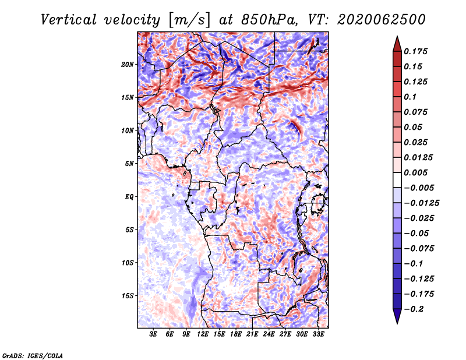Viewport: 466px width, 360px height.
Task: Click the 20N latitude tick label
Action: pyautogui.click(x=128, y=65)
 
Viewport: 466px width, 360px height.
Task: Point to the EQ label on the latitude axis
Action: pyautogui.click(x=129, y=197)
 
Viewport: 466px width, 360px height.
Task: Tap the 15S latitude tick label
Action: pyautogui.click(x=128, y=296)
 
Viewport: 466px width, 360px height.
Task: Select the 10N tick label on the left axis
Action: pyautogui.click(x=128, y=130)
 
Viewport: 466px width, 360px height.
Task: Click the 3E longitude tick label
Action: pyautogui.click(x=153, y=334)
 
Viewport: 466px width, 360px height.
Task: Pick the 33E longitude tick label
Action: pyautogui.click(x=318, y=334)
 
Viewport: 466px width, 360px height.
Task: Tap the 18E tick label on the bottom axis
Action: pyautogui.click(x=236, y=334)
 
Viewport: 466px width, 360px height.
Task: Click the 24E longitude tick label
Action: pyautogui.click(x=269, y=334)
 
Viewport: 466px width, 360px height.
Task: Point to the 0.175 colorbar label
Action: pyautogui.click(x=415, y=51)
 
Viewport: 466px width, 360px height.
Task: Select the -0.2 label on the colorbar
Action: pyautogui.click(x=414, y=309)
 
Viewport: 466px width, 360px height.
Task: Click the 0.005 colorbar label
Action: pyautogui.click(x=415, y=172)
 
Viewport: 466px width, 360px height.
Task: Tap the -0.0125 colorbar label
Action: pyautogui.click(x=421, y=203)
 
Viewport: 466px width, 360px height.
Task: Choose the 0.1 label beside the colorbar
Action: pyautogui.click(x=410, y=97)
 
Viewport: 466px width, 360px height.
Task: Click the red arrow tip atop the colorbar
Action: pyautogui.click(x=397, y=37)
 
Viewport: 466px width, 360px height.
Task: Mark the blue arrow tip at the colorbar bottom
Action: pyautogui.click(x=397, y=323)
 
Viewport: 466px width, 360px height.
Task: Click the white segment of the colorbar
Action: pyautogui.click(x=397, y=180)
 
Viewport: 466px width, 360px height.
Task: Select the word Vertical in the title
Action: pyautogui.click(x=69, y=20)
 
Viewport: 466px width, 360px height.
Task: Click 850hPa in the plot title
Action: pyautogui.click(x=269, y=20)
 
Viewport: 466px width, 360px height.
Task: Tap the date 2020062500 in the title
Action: pyautogui.click(x=382, y=20)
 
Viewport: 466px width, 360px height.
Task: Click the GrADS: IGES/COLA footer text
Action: pyautogui.click(x=33, y=355)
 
